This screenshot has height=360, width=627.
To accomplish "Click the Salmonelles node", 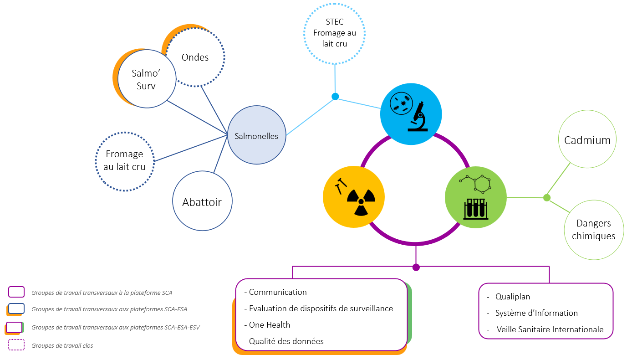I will pos(256,135).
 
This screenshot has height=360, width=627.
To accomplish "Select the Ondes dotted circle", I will pos(195,57).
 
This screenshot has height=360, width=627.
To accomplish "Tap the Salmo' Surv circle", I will pos(146,79).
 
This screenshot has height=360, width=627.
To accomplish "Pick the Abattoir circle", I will pos(202,201).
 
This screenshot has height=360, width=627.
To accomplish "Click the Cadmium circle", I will pos(587,140).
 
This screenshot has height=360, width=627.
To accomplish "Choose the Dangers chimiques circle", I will pos(593,230).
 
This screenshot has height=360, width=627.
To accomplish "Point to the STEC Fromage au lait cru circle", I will pos(335,33).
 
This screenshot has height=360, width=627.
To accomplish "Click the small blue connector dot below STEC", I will pos(335,96).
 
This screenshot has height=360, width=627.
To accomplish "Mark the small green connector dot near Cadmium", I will pos(547,198).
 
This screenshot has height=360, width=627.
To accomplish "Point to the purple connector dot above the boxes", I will pos(416,267).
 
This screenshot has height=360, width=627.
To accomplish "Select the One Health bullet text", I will pos(269,325).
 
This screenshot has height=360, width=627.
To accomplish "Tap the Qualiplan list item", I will pos(513,297).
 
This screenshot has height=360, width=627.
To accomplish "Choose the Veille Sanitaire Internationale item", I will pos(550,329).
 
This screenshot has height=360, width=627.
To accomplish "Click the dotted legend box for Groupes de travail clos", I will pos(16,345).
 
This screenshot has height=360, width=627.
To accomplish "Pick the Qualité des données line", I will pos(286,341).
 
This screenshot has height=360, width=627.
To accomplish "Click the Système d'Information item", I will pos(536,313).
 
